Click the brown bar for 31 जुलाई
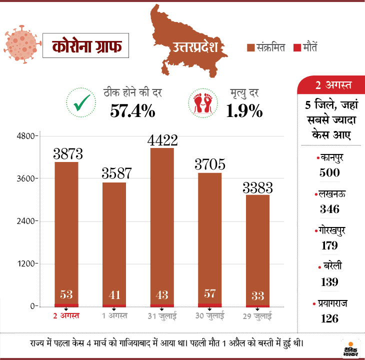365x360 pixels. point(162,225)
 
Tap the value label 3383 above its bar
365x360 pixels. point(257,188)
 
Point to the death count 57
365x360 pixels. point(210,293)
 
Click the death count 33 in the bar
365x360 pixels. point(258,294)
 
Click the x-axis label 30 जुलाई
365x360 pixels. point(210,316)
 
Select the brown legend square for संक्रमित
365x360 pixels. point(251,48)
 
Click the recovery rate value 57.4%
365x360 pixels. point(132,110)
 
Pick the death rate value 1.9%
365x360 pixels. point(244,110)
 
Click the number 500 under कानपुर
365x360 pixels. point(329,172)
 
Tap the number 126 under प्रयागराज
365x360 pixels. point(329,318)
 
